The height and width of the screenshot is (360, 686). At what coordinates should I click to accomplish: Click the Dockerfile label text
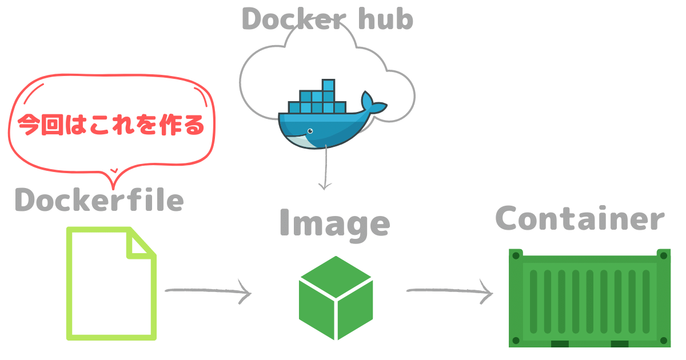(99, 200)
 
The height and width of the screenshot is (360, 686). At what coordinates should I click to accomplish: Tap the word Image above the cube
(334, 223)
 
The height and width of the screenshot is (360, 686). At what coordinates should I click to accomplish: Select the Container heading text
(580, 219)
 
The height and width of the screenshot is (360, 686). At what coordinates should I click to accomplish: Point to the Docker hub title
(328, 19)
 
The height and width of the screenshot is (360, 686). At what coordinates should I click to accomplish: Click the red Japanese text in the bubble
(111, 125)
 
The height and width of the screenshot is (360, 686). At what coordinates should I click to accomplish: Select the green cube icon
(336, 297)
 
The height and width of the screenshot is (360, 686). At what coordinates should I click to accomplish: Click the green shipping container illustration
(589, 298)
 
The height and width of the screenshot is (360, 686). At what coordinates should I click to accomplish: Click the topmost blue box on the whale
(328, 86)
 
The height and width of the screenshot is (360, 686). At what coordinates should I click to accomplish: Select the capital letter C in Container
(509, 218)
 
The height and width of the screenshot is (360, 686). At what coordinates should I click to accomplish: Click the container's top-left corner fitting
(516, 254)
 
